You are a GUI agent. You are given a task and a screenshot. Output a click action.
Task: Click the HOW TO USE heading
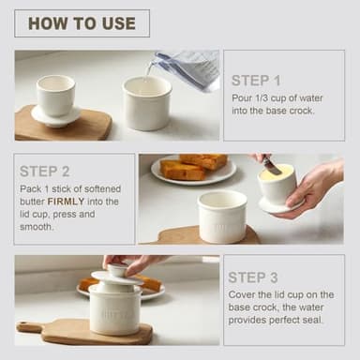click(82, 23)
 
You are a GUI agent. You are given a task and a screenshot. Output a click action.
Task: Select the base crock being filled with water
click(147, 103)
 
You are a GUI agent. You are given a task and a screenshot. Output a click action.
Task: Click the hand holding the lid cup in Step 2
click(313, 187)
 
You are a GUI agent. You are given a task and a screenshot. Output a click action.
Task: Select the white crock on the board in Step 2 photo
click(222, 216)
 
